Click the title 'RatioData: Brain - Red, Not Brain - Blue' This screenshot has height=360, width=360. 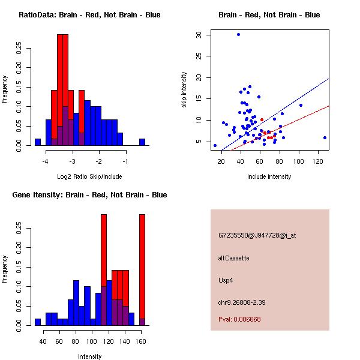click(89, 15)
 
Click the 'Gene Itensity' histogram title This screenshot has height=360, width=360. click(89, 195)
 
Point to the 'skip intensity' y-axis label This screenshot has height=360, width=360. click(185, 90)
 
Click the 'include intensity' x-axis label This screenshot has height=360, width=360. click(269, 176)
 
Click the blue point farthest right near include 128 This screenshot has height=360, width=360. click(325, 137)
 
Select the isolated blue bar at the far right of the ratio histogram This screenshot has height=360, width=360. click(142, 142)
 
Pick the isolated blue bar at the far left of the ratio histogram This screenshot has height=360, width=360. click(37, 142)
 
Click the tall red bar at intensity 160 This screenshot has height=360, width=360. click(142, 270)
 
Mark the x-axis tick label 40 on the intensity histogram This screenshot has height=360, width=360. click(43, 342)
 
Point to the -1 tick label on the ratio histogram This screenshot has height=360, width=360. click(125, 162)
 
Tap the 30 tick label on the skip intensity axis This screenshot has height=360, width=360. click(199, 35)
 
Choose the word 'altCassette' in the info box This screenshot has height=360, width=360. click(234, 258)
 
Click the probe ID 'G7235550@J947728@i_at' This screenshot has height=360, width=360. click(257, 235)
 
